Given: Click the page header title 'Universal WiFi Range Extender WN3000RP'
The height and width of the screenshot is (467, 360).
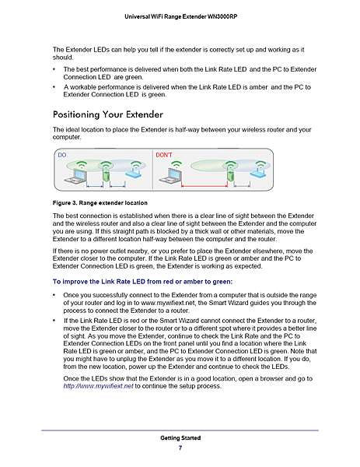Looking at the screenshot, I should (180, 16).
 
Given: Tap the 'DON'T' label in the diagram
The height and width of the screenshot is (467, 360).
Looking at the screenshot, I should (164, 155).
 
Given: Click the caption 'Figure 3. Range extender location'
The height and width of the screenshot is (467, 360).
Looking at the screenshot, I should (99, 202).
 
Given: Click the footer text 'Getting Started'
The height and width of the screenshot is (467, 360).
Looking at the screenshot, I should (180, 438).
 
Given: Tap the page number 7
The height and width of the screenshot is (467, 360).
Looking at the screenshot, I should (180, 448).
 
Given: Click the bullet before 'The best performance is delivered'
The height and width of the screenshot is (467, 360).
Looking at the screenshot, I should (54, 71).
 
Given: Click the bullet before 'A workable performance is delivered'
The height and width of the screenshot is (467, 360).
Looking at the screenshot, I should (54, 87).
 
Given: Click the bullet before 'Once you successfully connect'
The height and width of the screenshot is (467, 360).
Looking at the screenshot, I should (54, 296).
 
